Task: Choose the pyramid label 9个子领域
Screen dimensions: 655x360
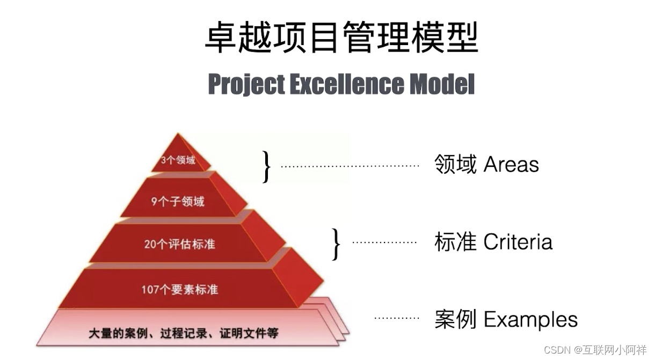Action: [x=178, y=202]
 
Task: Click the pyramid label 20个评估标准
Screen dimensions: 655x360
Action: [x=179, y=244]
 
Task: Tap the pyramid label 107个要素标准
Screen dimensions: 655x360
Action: [x=180, y=289]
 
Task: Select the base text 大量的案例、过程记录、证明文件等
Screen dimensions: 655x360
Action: [x=183, y=333]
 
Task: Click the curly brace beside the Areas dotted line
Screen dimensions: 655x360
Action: [x=266, y=166]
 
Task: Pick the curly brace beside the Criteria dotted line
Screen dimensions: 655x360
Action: [x=336, y=244]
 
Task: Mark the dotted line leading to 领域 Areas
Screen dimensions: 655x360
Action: [x=350, y=166]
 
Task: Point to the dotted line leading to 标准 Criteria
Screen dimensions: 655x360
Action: [x=384, y=243]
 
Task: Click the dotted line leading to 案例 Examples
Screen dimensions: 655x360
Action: [x=396, y=318]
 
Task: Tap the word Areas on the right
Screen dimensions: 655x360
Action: [x=511, y=165]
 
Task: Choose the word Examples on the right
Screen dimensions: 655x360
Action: [x=530, y=319]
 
